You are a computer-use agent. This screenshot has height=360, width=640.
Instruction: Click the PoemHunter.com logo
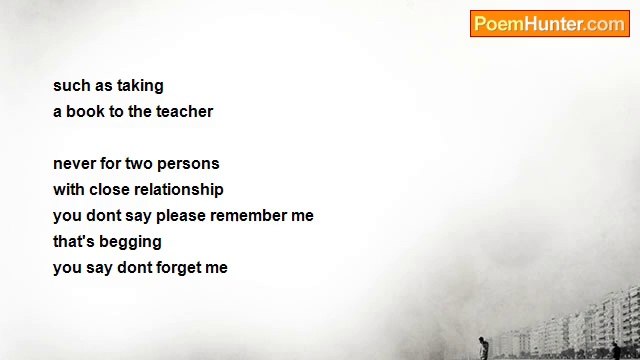coord(549,24)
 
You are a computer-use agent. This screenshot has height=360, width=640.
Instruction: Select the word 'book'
coord(85,111)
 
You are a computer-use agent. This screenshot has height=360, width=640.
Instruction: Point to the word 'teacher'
coord(184,111)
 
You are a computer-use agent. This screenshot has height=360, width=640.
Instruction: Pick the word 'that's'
coord(73,241)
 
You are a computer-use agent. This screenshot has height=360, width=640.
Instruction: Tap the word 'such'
coord(71,86)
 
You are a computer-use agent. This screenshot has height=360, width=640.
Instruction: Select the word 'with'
coord(68,189)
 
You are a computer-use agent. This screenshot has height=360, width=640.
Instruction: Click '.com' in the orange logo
coord(606,24)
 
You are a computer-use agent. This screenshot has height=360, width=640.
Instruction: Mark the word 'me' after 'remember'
coord(302,215)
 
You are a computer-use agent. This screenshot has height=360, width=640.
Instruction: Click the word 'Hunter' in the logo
coord(554,24)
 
